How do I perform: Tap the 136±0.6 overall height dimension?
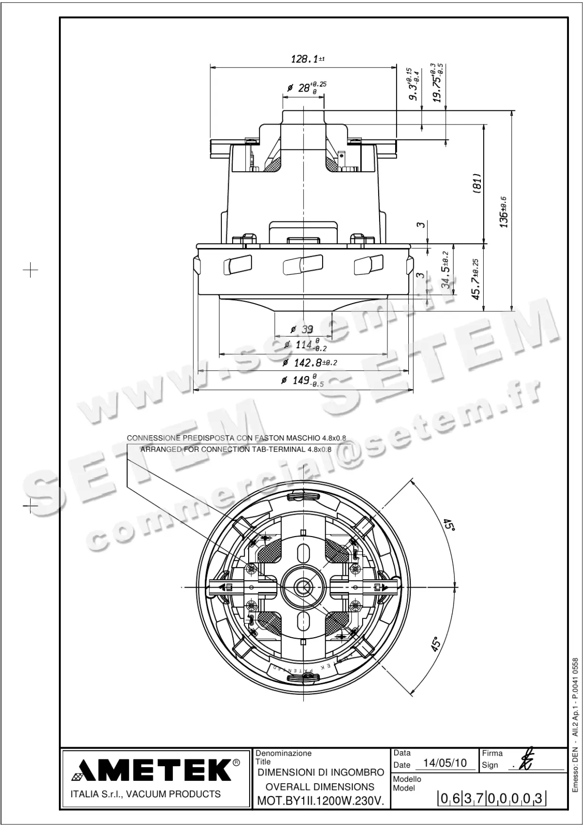tap(504, 212)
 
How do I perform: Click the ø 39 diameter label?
tap(302, 329)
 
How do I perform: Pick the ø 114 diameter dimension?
tap(306, 344)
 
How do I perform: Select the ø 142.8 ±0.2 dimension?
tap(310, 362)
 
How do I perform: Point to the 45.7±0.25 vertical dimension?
tap(476, 279)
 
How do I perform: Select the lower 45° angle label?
tap(436, 644)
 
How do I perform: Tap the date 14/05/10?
tap(445, 763)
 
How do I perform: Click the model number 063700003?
tap(492, 798)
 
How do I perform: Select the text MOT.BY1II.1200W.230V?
tap(320, 801)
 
